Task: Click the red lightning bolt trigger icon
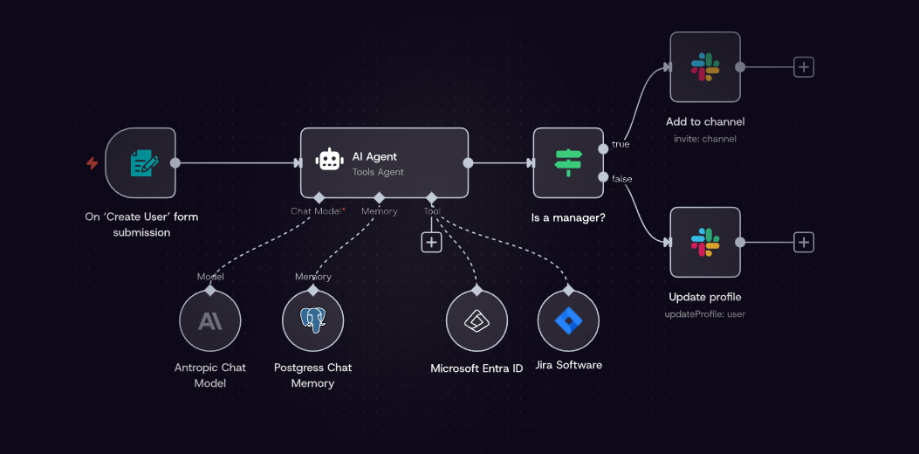92,163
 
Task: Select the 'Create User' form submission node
141,162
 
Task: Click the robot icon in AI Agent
329,161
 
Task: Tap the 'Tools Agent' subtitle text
378,172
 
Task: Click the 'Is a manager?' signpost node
568,162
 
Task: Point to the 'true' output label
621,144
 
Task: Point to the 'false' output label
622,179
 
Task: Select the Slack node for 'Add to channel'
704,67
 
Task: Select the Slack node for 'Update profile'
704,242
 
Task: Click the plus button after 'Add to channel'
803,67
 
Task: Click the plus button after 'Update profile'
803,242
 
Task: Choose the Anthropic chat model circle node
209,321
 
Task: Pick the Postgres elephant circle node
312,321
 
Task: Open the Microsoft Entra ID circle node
477,321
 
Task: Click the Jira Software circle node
568,321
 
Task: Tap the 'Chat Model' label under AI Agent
315,211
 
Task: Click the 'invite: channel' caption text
704,139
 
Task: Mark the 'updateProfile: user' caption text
706,313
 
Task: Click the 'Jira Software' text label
568,365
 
